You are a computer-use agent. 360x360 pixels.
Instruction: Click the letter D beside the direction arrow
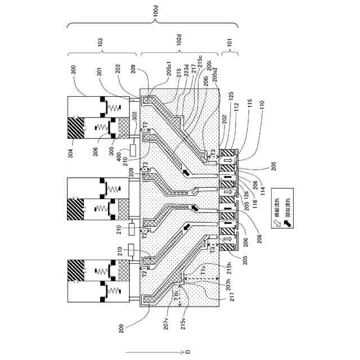click(188, 352)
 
